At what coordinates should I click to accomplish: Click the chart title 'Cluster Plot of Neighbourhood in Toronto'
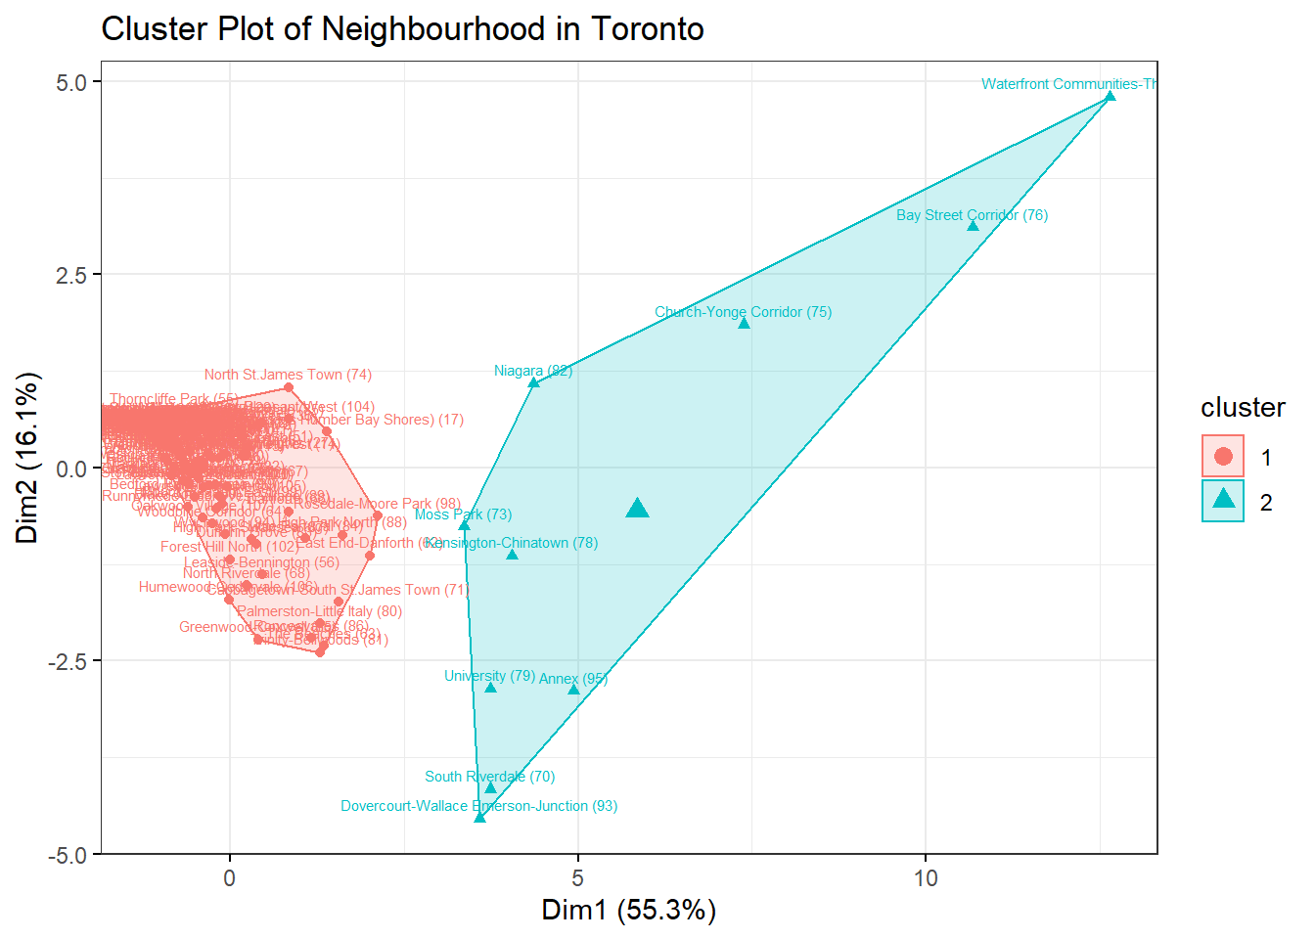click(x=402, y=29)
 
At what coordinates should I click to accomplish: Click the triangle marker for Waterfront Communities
click(x=1110, y=97)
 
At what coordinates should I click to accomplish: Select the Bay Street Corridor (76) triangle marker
click(x=973, y=226)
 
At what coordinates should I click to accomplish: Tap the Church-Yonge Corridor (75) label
click(x=743, y=312)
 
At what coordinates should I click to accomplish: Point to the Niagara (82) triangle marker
click(x=533, y=382)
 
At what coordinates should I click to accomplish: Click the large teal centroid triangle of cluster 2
click(x=637, y=508)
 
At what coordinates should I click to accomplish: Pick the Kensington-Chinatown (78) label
click(x=512, y=543)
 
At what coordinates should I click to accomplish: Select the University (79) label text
click(x=489, y=676)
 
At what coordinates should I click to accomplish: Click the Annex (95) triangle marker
click(x=573, y=690)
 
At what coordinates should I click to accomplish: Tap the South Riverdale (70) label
click(x=489, y=777)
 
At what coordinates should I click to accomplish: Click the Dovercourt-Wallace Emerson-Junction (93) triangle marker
click(x=479, y=817)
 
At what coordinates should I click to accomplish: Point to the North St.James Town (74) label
click(x=288, y=375)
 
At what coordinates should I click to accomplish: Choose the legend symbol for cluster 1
click(x=1223, y=456)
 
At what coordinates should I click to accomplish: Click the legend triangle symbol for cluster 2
click(x=1223, y=500)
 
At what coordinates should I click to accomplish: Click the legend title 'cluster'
click(x=1243, y=408)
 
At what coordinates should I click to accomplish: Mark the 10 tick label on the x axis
click(x=925, y=877)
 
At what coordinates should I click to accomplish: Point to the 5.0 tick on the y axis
click(x=71, y=82)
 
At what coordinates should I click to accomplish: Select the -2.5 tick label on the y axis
click(x=68, y=661)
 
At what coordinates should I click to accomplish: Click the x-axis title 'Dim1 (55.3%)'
click(x=628, y=911)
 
